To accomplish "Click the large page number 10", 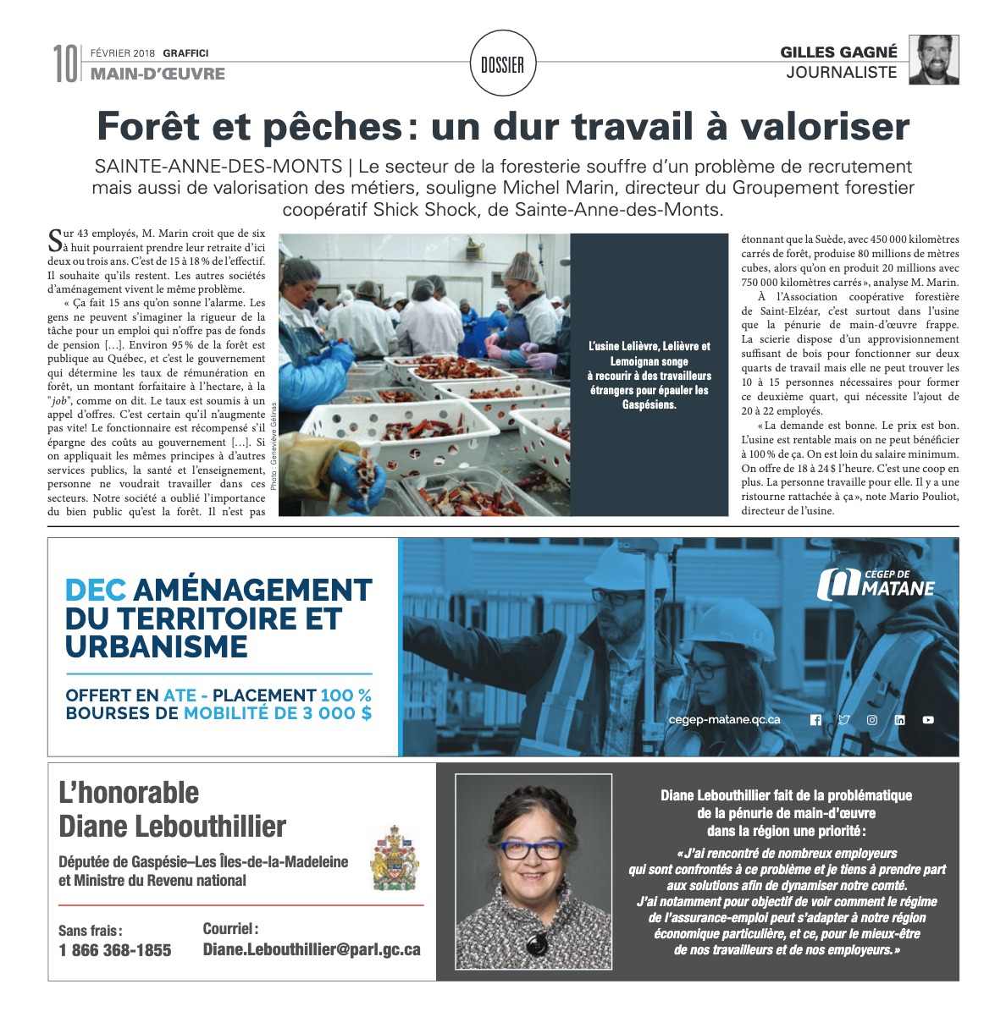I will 66,63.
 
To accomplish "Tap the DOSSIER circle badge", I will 502,64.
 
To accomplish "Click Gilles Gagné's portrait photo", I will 933,60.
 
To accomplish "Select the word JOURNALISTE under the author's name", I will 841,73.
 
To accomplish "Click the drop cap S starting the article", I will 55,240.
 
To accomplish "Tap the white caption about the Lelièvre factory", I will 649,375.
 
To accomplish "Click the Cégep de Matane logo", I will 876,585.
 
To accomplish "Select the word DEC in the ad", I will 96,590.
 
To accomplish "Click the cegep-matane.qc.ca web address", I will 724,720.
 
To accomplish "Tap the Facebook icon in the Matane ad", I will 815,720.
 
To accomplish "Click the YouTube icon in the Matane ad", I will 928,720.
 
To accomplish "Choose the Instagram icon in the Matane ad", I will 871,720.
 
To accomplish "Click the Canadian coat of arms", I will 395,858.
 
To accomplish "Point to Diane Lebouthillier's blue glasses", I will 533,849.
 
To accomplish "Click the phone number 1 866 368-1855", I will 115,950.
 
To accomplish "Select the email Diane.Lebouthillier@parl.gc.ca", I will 312,949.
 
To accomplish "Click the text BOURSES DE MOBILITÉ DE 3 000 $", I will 218,713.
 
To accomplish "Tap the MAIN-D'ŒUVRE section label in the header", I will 158,74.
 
